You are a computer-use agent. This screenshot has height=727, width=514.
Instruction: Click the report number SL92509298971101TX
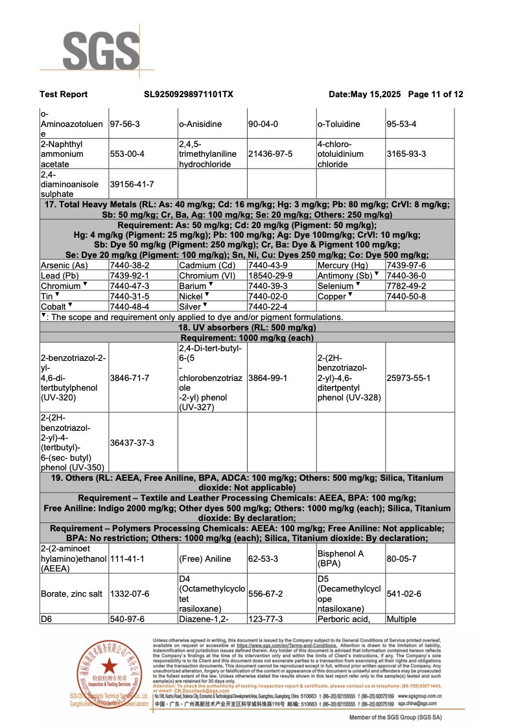(x=188, y=95)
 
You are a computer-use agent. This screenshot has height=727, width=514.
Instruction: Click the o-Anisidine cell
(x=200, y=124)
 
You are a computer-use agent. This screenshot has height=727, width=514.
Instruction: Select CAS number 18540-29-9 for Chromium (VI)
(x=268, y=275)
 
